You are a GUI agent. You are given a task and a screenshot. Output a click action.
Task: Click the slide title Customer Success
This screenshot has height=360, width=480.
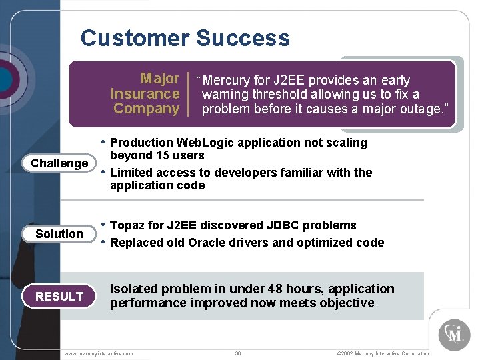click(x=185, y=38)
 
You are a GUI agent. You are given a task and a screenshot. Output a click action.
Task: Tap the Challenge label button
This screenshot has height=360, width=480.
click(x=59, y=163)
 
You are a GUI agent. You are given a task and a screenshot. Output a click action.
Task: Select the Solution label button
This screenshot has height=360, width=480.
click(x=59, y=234)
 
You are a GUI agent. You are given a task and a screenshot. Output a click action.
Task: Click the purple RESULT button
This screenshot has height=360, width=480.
click(x=59, y=297)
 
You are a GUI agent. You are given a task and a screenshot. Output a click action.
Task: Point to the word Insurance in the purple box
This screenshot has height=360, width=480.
click(x=145, y=94)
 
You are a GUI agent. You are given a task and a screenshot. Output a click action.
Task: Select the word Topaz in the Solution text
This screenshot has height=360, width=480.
click(x=127, y=226)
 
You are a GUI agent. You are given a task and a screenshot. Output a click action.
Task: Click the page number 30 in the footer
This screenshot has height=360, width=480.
click(x=238, y=353)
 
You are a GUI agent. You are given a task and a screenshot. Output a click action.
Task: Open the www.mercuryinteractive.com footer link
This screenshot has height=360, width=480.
click(x=99, y=353)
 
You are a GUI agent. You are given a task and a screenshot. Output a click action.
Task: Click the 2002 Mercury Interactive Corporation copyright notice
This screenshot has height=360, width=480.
click(x=377, y=353)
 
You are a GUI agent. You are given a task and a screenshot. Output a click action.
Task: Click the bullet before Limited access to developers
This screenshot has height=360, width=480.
click(x=103, y=173)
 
